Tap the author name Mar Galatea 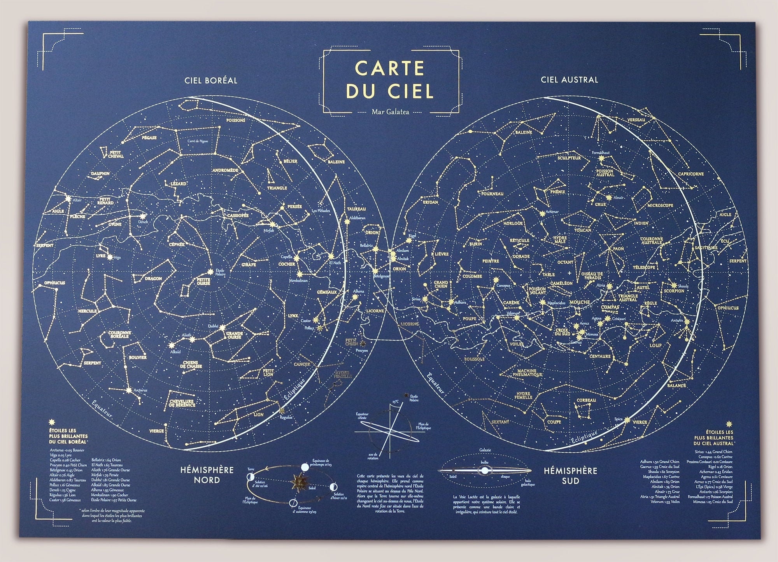pyautogui.click(x=384, y=112)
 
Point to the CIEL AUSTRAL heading pyautogui.click(x=569, y=80)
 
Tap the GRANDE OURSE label pyautogui.click(x=235, y=335)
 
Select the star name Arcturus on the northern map pyautogui.click(x=140, y=390)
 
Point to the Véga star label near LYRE pyautogui.click(x=116, y=257)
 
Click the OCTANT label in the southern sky pyautogui.click(x=565, y=262)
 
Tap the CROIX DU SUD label pyautogui.click(x=562, y=331)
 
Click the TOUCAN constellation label pyautogui.click(x=582, y=230)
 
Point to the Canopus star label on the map pyautogui.click(x=503, y=285)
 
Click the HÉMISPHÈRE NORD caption pyautogui.click(x=207, y=475)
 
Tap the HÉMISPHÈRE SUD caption pyautogui.click(x=570, y=475)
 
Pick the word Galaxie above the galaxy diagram pyautogui.click(x=485, y=450)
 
